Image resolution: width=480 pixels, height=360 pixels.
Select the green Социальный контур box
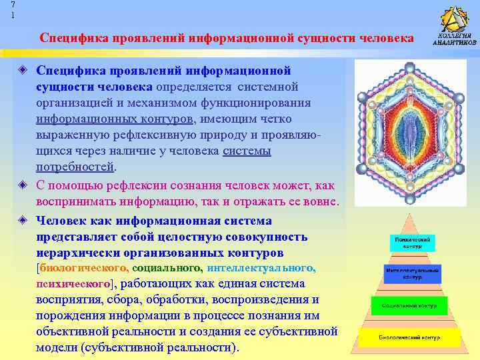408,306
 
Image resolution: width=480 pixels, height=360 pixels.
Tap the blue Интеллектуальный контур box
411,273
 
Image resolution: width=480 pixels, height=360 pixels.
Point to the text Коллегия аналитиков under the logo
455,39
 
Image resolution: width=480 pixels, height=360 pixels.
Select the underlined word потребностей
75,167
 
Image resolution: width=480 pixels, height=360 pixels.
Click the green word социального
167,268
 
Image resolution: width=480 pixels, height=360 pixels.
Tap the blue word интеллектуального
261,268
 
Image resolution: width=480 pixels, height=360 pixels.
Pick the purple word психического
72,284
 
